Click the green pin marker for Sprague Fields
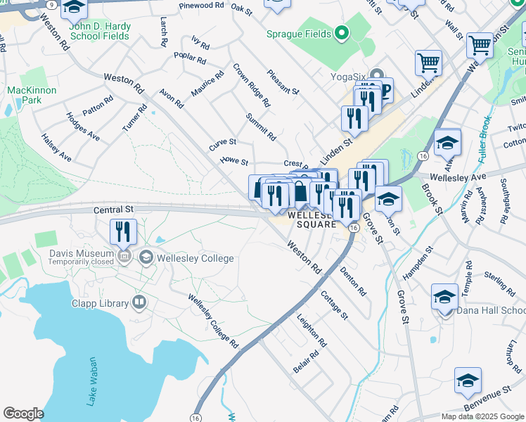(342, 33)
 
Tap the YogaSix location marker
(376, 75)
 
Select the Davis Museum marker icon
(126, 255)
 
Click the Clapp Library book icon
(139, 303)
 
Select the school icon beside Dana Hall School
(444, 296)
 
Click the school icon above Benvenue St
(468, 380)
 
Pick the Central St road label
(113, 210)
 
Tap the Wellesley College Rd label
(213, 321)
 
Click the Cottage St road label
(334, 305)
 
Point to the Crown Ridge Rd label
(251, 85)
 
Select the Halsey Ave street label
(56, 147)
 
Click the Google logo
(23, 414)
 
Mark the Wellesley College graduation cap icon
(147, 257)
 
